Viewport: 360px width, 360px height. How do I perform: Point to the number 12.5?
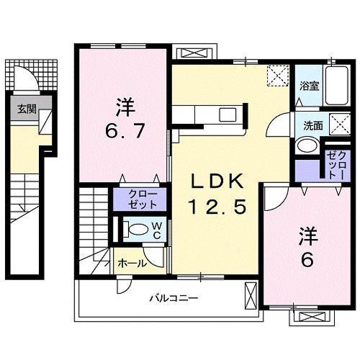click(218, 207)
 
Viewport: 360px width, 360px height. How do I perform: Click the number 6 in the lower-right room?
click(307, 259)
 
